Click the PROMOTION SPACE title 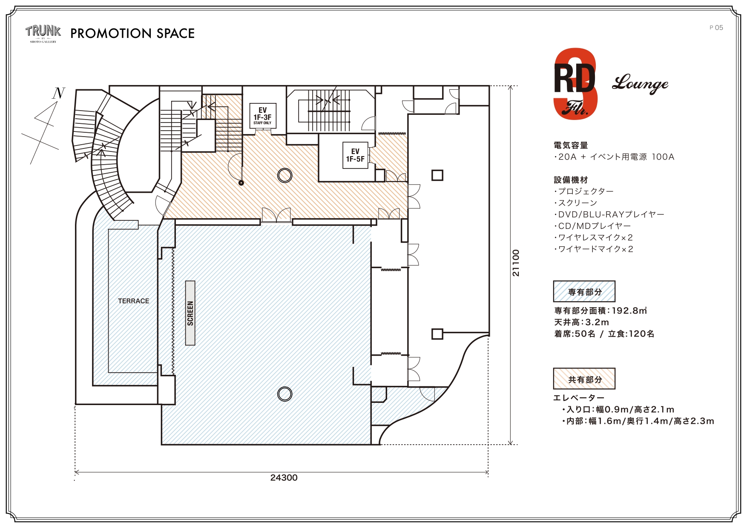coord(132,34)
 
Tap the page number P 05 coord(716,28)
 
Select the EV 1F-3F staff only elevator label coord(262,116)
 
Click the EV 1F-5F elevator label coord(355,155)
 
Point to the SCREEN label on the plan coord(190,313)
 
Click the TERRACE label coord(134,301)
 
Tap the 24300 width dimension coord(284,478)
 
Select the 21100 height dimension coord(516,263)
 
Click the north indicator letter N coord(58,93)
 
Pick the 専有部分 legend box coord(584,291)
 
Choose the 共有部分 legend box coord(584,379)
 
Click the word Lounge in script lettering coord(640,84)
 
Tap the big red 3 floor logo coord(575,84)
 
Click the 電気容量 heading coord(571,146)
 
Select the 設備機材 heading coord(571,180)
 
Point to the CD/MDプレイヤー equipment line coord(593,226)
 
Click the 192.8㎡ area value coord(629,311)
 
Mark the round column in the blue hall coord(284,394)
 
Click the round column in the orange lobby coord(284,175)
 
